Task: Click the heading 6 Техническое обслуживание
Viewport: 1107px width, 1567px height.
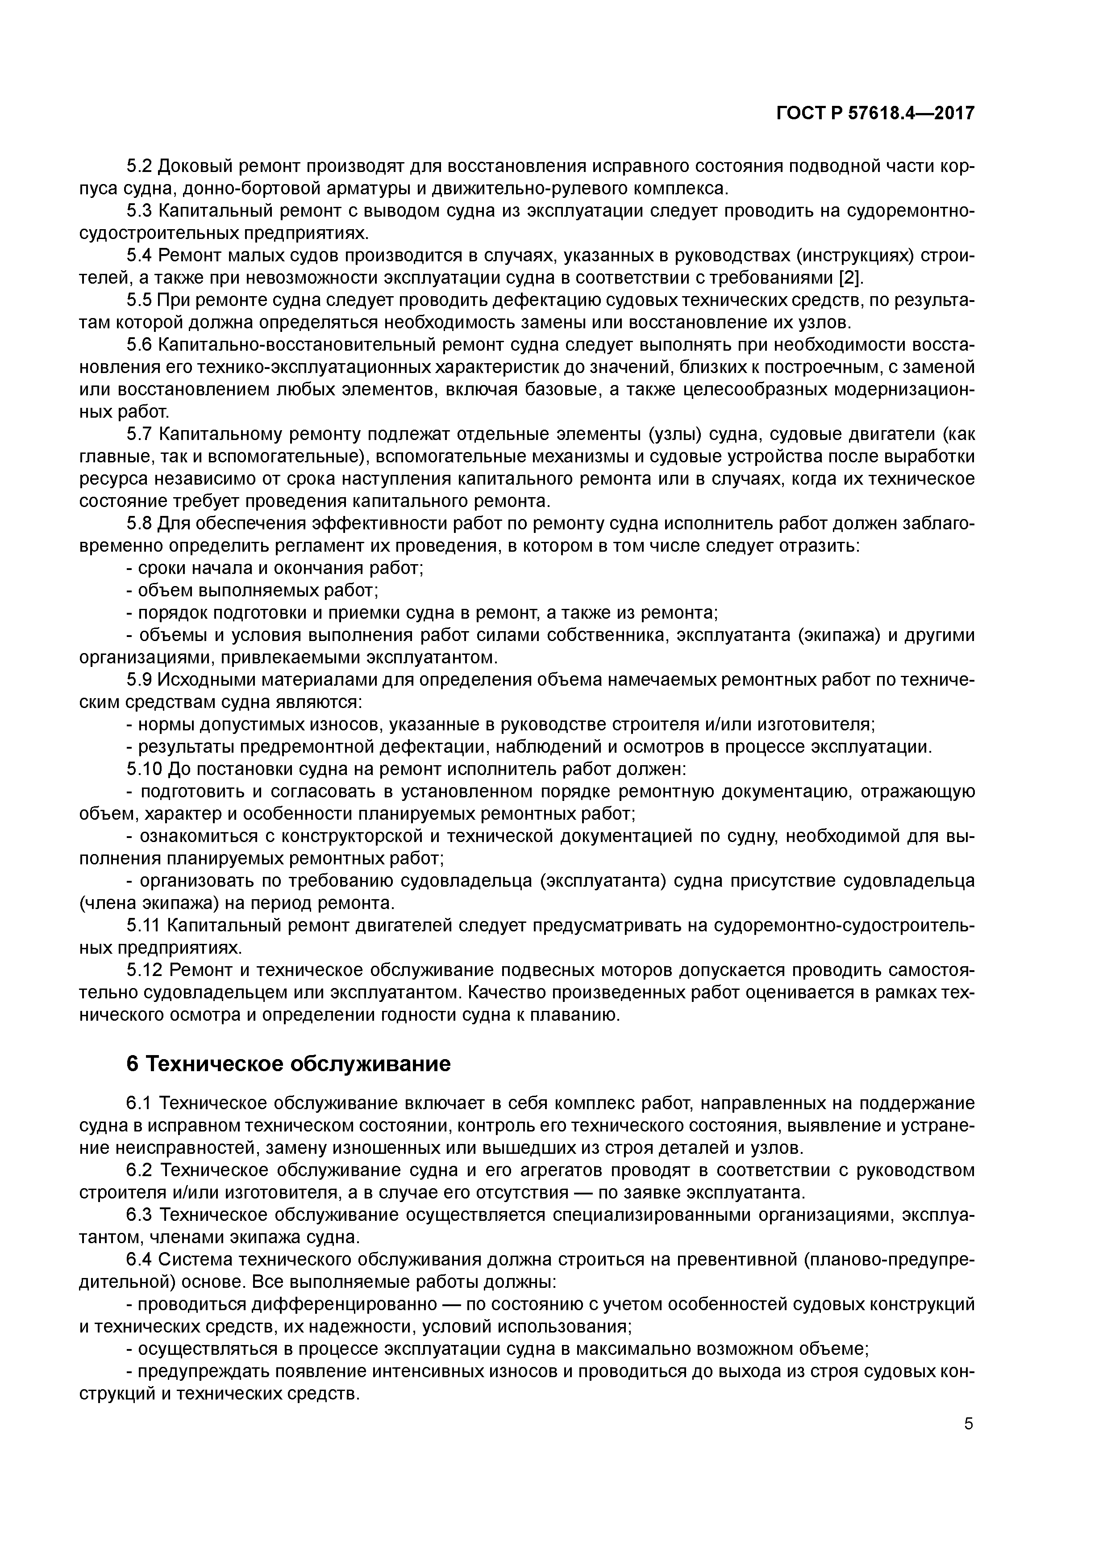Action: pos(288,1064)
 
